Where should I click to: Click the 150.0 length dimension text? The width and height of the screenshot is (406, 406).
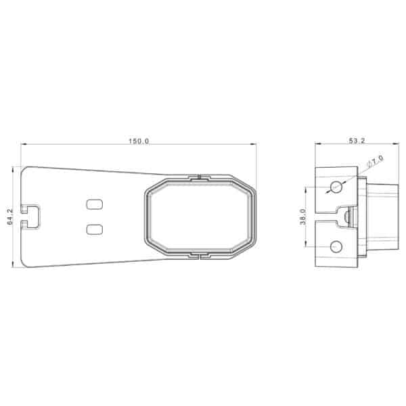point(139,141)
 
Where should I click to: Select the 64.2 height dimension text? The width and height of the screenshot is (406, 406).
point(10,217)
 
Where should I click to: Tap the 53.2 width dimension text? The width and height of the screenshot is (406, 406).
point(357,141)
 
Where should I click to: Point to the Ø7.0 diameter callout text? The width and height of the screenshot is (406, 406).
point(376,160)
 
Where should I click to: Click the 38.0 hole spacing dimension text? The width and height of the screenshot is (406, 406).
point(303,217)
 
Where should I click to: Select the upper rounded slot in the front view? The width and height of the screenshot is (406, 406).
point(95,204)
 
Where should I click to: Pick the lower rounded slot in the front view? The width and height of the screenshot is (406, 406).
point(95,229)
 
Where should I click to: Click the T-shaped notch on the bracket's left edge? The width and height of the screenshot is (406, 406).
point(30,217)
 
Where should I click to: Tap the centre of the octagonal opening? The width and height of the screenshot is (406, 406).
point(200,217)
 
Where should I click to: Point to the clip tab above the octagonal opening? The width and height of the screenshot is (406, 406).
point(200,177)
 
